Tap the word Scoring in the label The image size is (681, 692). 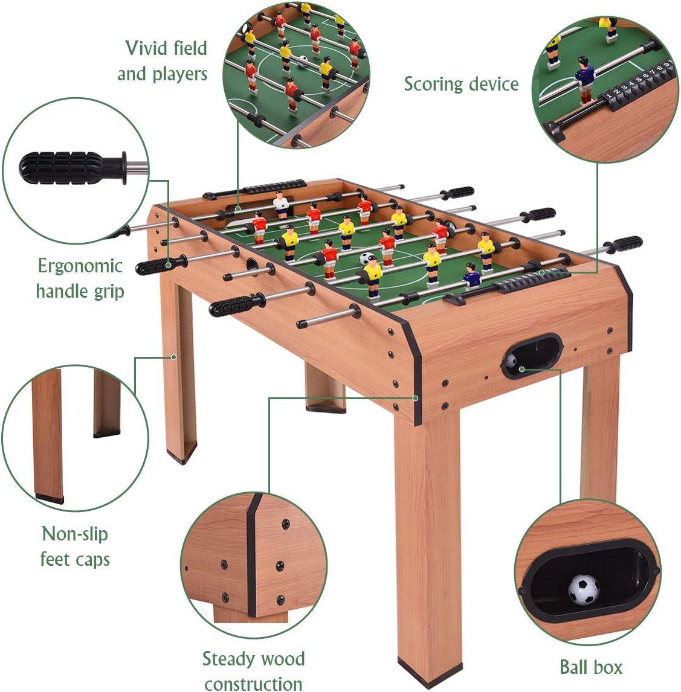pyautogui.click(x=433, y=84)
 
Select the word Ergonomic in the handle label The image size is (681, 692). pyautogui.click(x=80, y=266)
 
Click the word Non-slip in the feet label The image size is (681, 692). pyautogui.click(x=75, y=534)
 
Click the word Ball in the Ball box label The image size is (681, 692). pyautogui.click(x=573, y=667)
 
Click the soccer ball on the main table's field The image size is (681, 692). pyautogui.click(x=366, y=258)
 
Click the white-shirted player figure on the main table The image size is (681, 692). pyautogui.click(x=281, y=204)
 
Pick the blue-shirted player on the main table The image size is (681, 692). pyautogui.click(x=472, y=277)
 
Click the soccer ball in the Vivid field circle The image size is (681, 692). pyautogui.click(x=302, y=61)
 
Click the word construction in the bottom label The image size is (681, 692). pyautogui.click(x=254, y=684)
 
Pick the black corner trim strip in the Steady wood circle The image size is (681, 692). pyautogui.click(x=253, y=556)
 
